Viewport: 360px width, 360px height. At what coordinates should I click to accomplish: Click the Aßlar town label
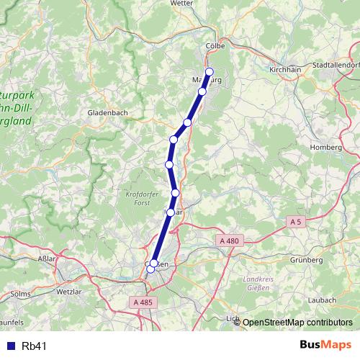45,256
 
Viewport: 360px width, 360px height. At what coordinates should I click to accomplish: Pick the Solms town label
21,294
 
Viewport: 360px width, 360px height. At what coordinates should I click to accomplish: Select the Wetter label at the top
182,4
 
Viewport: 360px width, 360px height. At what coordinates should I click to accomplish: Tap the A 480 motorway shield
229,240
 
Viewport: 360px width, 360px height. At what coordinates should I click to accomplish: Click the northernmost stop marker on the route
210,71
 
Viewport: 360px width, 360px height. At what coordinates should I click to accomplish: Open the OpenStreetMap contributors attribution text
297,323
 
